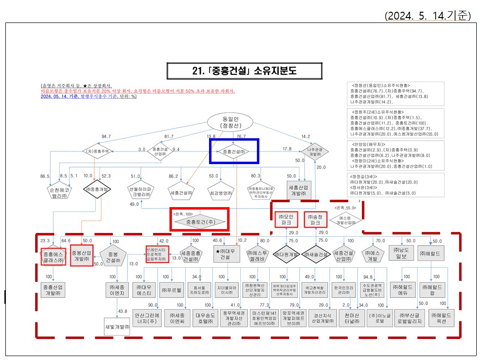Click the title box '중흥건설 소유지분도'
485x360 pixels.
(x=245, y=71)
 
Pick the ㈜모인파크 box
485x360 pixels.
(x=286, y=218)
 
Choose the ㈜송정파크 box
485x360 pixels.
(x=315, y=218)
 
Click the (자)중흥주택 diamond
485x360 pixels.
(x=98, y=151)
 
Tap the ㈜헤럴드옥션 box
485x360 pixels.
(x=443, y=319)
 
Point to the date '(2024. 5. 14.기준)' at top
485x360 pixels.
(x=428, y=16)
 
